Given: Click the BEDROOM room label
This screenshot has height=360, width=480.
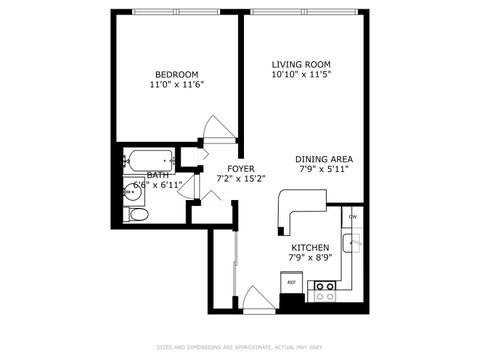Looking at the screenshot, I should point(176,74).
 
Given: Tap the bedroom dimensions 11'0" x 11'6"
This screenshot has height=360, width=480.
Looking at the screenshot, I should point(176,86).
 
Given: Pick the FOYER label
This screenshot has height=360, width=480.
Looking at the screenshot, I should point(240,168).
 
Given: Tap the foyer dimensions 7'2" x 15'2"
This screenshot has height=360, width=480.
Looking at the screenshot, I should point(240,179).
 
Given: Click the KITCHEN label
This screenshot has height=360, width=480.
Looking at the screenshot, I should point(310,247).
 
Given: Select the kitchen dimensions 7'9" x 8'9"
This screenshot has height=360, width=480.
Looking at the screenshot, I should point(310,259).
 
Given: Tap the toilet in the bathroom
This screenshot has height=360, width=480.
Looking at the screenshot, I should point(139,214).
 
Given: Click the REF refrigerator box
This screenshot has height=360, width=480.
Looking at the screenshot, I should point(292,283).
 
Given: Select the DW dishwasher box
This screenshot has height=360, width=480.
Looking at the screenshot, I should point(352,217).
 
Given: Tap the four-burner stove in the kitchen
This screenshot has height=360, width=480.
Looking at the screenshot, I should point(325,290).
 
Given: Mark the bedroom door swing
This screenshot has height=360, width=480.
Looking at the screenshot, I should point(214,131).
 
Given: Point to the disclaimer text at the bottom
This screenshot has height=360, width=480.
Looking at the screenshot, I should point(240,347).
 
